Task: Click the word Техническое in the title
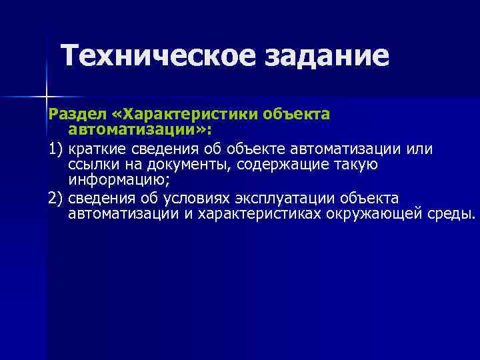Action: [159, 56]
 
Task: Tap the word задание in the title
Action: [327, 56]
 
